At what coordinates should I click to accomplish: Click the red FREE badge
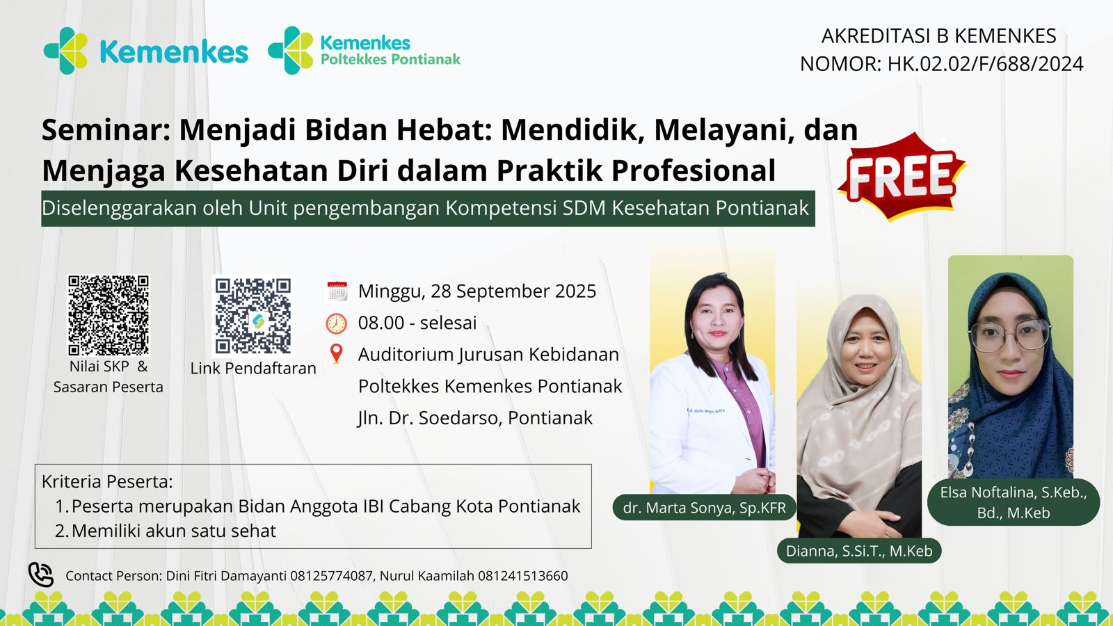click(902, 177)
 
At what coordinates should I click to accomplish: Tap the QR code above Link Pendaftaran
click(253, 316)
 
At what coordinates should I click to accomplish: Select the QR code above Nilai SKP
click(109, 316)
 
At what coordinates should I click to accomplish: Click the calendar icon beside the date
click(337, 291)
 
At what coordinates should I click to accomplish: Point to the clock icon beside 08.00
click(337, 323)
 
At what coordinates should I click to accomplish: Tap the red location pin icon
click(337, 354)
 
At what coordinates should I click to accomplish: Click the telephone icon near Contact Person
click(41, 575)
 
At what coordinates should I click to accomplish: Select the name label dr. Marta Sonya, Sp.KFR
click(704, 507)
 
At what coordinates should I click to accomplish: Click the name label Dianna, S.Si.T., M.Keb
click(859, 550)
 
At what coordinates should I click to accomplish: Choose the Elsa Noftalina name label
click(1013, 502)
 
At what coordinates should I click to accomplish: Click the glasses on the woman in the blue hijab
click(1010, 336)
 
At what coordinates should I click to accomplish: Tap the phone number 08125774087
click(331, 576)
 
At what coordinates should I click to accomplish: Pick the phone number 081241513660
click(522, 576)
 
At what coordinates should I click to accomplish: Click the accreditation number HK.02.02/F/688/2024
click(985, 64)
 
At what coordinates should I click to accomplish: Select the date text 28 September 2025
click(513, 291)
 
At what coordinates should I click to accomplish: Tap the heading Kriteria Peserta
click(107, 481)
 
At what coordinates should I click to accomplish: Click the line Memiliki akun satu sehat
click(173, 531)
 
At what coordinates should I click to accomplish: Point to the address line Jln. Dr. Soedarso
click(475, 418)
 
